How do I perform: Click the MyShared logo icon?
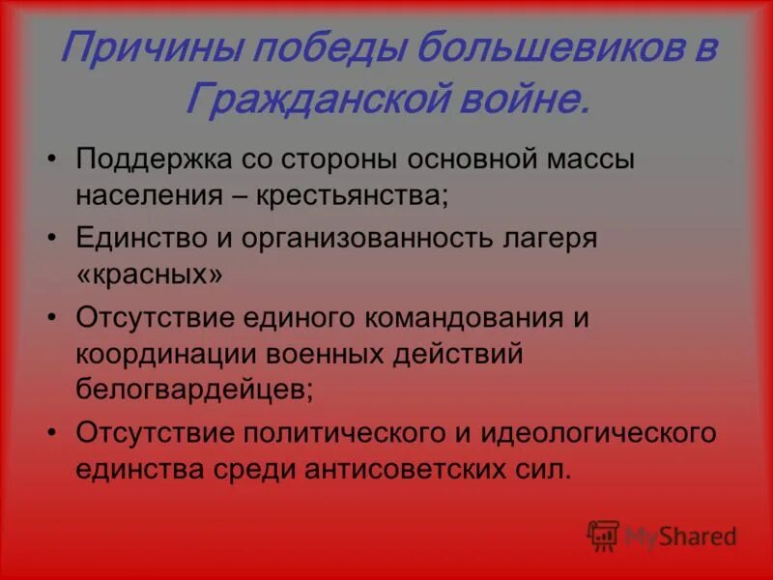coord(603,535)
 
